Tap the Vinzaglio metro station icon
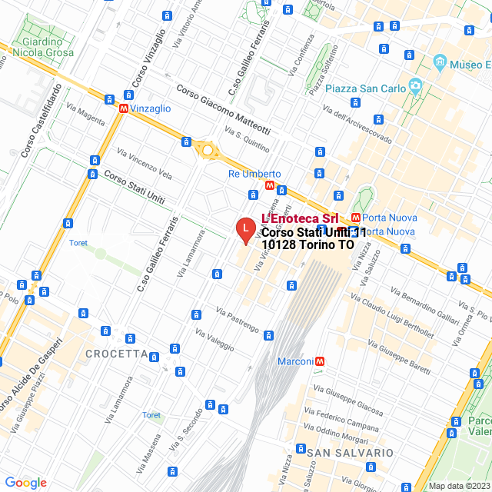coord(123,109)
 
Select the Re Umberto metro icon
coord(269,186)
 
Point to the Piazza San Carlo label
coord(365,88)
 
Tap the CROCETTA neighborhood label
coord(117,354)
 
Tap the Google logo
coord(26,483)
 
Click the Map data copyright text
coord(458,486)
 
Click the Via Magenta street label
coord(86,114)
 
